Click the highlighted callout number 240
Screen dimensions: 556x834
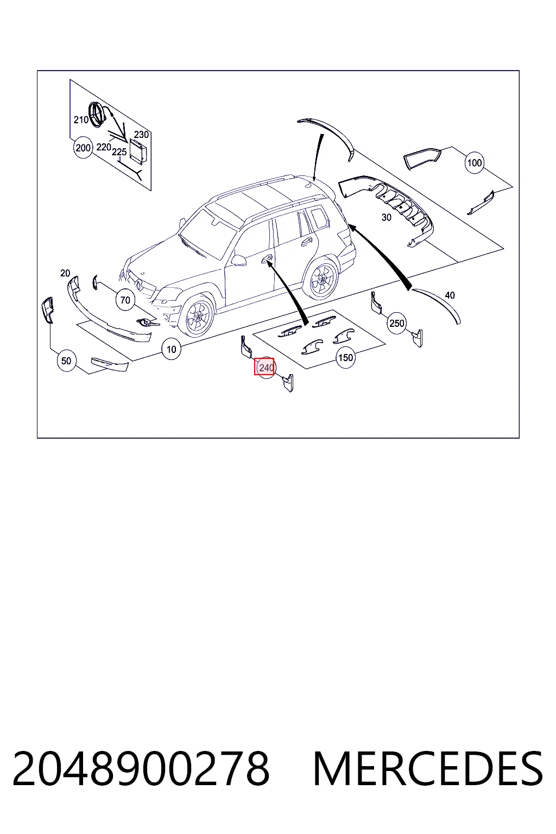tap(264, 367)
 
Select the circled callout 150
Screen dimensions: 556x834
tap(345, 358)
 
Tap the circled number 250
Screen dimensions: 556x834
tap(396, 323)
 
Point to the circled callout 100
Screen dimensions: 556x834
tap(474, 163)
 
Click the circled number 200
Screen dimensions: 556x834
tap(83, 148)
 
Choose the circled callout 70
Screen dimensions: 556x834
tap(125, 300)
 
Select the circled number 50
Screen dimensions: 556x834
tap(66, 361)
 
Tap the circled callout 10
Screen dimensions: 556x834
tap(171, 349)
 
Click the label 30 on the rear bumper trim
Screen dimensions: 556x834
tap(387, 217)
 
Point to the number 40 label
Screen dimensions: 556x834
tap(450, 295)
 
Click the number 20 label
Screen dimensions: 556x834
tap(65, 273)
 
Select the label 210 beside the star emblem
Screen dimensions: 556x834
tap(81, 120)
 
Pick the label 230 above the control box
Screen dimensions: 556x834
tap(142, 135)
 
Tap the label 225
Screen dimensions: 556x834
tap(119, 152)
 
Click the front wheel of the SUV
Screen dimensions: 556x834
tap(196, 315)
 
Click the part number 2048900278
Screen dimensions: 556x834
tap(141, 768)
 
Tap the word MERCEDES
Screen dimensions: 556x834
tap(428, 768)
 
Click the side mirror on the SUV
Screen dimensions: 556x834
tap(238, 260)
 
